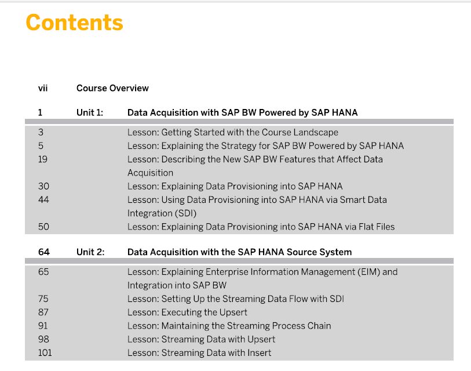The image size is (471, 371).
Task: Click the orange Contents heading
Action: coord(75,23)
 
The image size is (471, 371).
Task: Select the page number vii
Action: coord(43,88)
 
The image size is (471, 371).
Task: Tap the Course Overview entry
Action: coord(112,88)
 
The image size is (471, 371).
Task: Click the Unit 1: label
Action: coord(90,112)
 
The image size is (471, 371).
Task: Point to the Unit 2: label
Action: coord(90,252)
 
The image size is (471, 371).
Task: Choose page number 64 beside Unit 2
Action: coord(44,252)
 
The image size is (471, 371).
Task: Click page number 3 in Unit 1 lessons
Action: coord(41,132)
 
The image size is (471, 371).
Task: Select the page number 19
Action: coord(43,159)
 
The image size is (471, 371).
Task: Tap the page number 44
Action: coord(43,200)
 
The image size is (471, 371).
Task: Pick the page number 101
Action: coord(45,352)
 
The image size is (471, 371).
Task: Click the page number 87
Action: coord(43,312)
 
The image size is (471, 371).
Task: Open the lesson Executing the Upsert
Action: coord(187,312)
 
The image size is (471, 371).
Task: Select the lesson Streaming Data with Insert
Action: coord(199,352)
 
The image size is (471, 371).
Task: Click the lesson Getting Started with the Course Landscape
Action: coord(233,132)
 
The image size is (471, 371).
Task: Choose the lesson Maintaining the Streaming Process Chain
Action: coord(229,326)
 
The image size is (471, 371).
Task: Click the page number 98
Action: coord(43,339)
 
